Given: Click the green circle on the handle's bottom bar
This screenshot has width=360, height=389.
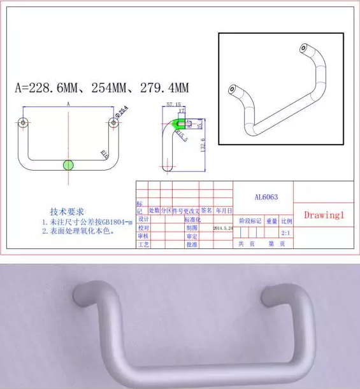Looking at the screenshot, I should click(68, 166).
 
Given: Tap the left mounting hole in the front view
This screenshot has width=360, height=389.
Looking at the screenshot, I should click(23, 122).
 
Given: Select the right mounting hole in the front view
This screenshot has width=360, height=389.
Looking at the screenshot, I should click(113, 122).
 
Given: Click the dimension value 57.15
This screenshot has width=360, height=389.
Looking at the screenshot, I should click(173, 103).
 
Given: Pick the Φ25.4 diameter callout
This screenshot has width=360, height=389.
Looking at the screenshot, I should click(122, 112).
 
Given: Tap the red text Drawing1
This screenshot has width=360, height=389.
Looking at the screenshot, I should click(324, 215).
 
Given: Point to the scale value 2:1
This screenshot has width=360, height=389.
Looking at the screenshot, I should click(287, 232).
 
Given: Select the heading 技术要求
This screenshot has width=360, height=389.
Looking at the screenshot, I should click(67, 211).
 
